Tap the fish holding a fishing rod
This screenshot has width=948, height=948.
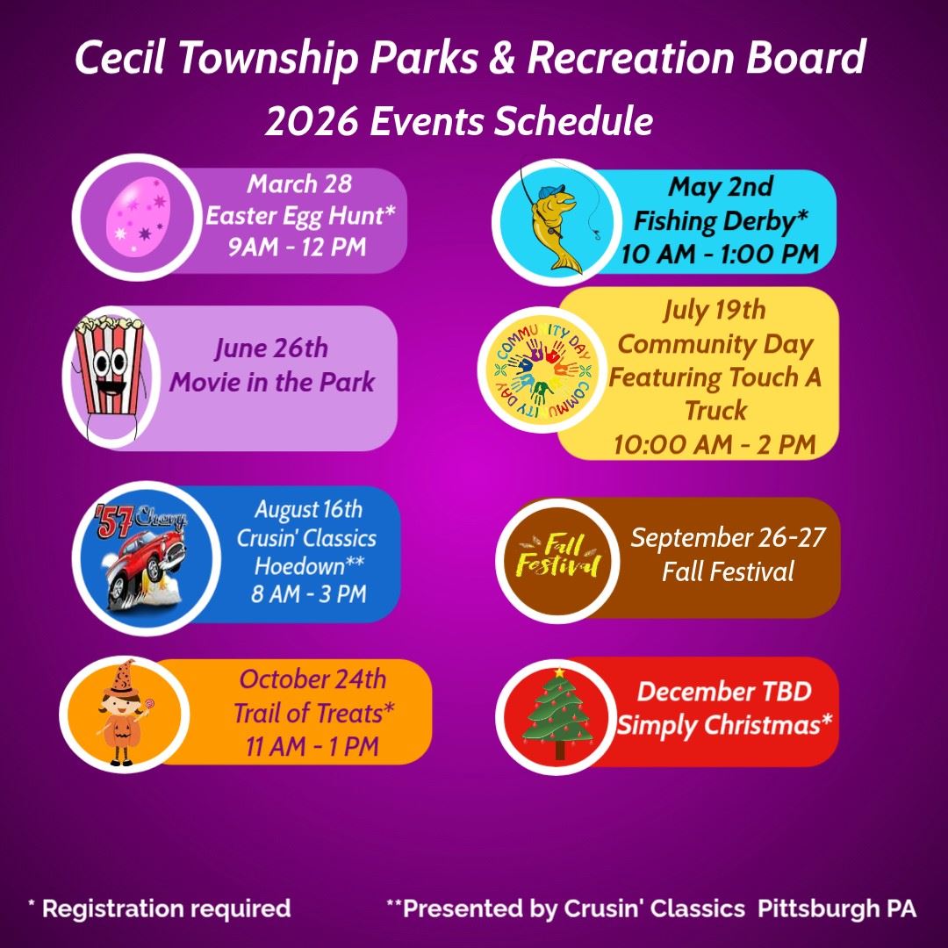point(552,219)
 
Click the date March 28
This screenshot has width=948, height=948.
point(298,184)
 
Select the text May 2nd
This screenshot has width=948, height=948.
point(720,187)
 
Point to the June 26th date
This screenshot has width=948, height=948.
point(271,348)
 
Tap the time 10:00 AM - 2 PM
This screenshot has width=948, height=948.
point(715,444)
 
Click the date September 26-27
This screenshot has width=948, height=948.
point(728,537)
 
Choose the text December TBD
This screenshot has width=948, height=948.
point(724,692)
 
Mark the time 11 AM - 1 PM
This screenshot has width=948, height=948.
point(312,747)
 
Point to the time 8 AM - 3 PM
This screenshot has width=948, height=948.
point(308,593)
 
